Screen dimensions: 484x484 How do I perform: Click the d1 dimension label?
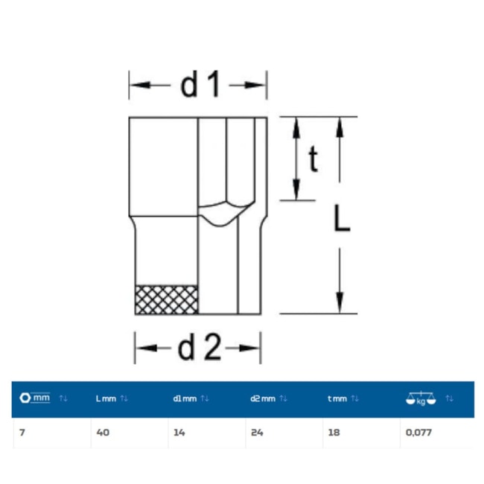[200, 84]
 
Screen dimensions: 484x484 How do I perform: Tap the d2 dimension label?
[200, 348]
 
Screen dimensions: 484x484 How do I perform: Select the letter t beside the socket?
[313, 159]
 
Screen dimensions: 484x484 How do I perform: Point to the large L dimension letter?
[342, 218]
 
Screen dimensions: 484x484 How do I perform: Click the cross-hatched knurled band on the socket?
[166, 300]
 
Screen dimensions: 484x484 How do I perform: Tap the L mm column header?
[106, 398]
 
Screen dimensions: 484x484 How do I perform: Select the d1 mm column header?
[185, 398]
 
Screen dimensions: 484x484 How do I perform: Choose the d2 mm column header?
[263, 398]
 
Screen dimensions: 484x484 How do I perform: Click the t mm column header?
[337, 398]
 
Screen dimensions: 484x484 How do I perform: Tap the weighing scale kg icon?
[421, 398]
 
